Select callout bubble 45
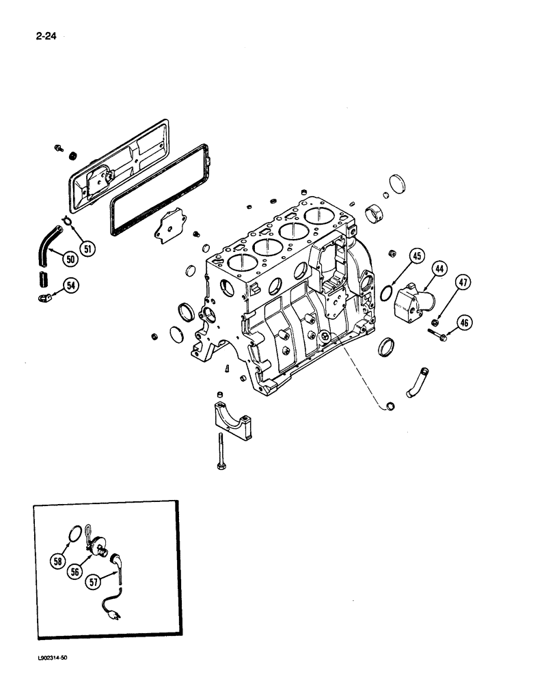click(418, 257)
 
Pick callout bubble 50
click(70, 259)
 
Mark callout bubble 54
click(71, 285)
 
